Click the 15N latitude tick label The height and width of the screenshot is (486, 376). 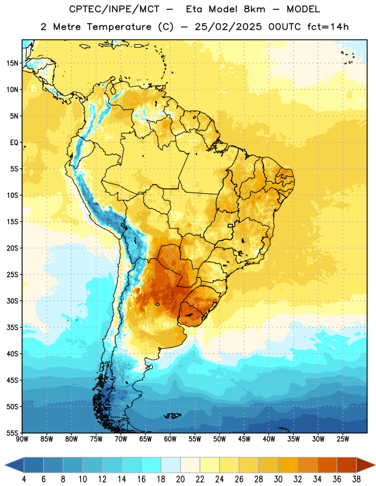[x=12, y=63]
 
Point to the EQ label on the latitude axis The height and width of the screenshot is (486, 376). [x=14, y=143]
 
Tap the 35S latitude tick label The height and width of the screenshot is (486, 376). [x=12, y=327]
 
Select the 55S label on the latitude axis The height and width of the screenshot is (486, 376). [x=12, y=433]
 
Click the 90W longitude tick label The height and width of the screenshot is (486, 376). [x=22, y=439]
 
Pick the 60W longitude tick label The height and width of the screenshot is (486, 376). [x=170, y=439]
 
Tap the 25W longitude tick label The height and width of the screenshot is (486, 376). [x=343, y=439]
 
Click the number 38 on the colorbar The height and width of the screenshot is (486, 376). [x=357, y=479]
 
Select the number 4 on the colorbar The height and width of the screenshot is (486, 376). [x=24, y=479]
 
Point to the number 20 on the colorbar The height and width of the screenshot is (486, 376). [x=180, y=479]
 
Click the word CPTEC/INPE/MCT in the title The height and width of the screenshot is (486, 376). [x=114, y=9]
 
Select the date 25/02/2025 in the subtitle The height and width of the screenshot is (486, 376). [x=228, y=27]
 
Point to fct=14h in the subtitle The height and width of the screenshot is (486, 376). [x=328, y=27]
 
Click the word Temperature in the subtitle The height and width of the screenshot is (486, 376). [x=119, y=27]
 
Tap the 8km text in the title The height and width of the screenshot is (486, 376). [x=254, y=9]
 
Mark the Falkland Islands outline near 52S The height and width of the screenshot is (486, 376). [x=173, y=416]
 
